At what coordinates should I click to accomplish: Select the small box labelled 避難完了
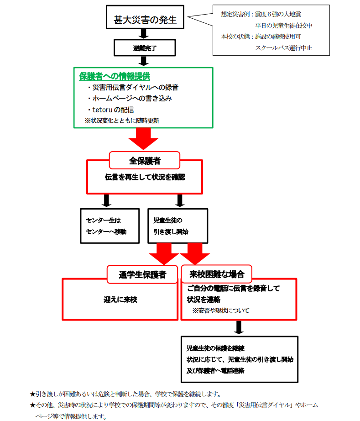point(144,47)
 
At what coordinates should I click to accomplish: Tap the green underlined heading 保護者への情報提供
point(115,76)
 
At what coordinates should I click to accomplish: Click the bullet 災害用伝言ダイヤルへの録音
point(132,87)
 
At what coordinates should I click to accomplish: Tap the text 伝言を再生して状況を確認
point(145,177)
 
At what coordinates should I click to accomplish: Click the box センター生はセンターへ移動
point(105,226)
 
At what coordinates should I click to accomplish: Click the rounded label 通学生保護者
point(142,274)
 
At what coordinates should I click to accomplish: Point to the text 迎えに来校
point(120,300)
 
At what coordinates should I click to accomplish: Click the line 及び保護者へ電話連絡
point(215,370)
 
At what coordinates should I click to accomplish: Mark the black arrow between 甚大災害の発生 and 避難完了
point(144,33)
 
